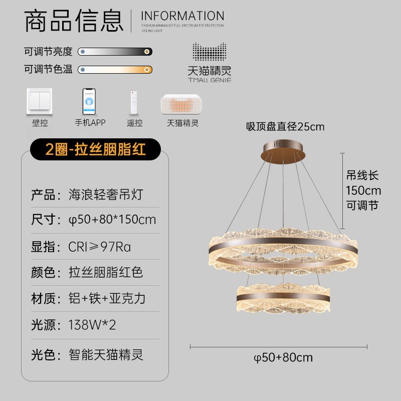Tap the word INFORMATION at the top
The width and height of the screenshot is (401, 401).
[x=182, y=16]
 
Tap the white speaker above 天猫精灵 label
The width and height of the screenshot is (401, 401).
[x=182, y=104]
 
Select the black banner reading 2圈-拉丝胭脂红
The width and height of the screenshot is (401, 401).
[x=95, y=149]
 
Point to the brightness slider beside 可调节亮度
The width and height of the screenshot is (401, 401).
[x=115, y=51]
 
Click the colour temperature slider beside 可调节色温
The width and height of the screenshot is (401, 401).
[x=115, y=69]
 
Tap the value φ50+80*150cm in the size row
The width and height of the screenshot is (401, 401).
[x=112, y=220]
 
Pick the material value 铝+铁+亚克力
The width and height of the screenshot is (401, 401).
[x=107, y=298]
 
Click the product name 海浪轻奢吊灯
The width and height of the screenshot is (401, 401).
[x=105, y=194]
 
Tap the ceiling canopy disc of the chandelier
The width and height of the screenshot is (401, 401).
[x=284, y=149]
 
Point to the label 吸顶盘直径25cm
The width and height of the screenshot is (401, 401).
[x=285, y=126]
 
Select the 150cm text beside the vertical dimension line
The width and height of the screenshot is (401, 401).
[x=363, y=190]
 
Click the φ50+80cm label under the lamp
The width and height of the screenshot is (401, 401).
[x=283, y=357]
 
